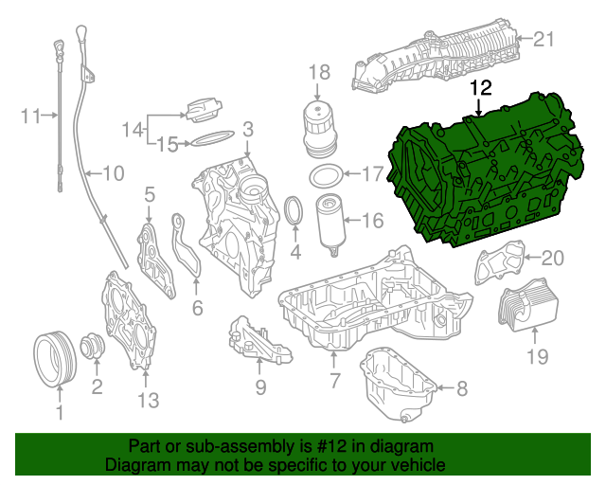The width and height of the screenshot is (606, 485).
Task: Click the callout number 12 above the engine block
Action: (481, 88)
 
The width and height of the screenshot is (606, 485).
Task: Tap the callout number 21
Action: (541, 39)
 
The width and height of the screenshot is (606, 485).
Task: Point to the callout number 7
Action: (333, 381)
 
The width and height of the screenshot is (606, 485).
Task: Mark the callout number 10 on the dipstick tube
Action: (113, 173)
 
